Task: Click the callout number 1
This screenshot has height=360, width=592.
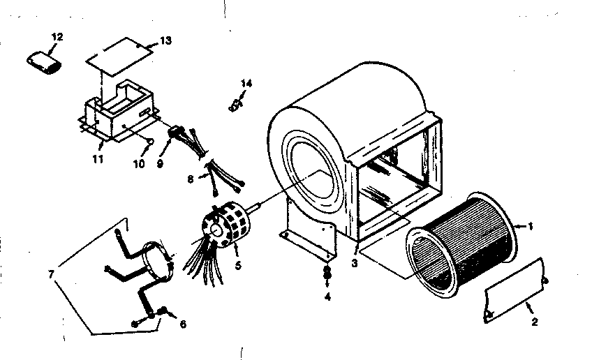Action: point(531,226)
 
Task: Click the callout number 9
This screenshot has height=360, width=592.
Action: point(161,165)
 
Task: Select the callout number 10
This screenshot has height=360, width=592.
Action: point(138,165)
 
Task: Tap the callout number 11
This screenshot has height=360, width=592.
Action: point(98,160)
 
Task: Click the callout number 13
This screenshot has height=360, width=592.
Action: point(165,40)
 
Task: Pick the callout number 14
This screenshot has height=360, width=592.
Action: point(245,84)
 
